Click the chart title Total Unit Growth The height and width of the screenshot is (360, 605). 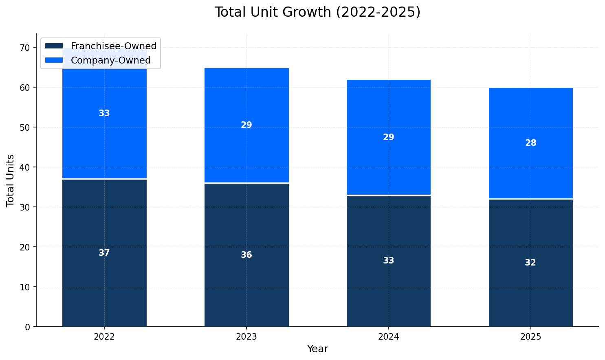pyautogui.click(x=317, y=12)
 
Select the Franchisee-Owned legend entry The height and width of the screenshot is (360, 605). pyautogui.click(x=113, y=46)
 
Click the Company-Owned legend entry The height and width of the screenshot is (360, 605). pyautogui.click(x=110, y=60)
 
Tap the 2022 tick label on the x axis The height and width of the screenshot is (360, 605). pyautogui.click(x=104, y=337)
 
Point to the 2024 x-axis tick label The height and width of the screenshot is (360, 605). pyautogui.click(x=389, y=337)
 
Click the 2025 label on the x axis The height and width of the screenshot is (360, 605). pyautogui.click(x=530, y=337)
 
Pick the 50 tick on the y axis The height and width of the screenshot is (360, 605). pyautogui.click(x=25, y=127)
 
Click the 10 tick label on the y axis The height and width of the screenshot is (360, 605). pyautogui.click(x=25, y=287)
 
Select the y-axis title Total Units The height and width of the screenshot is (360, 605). pyautogui.click(x=11, y=180)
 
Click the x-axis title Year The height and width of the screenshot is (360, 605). pyautogui.click(x=317, y=349)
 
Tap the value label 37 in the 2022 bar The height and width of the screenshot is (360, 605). pyautogui.click(x=104, y=253)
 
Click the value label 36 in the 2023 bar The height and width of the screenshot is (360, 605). pyautogui.click(x=246, y=255)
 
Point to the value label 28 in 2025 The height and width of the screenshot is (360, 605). pyautogui.click(x=530, y=143)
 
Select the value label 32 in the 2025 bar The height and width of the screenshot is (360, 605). pyautogui.click(x=530, y=263)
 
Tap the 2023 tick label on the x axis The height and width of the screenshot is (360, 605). pyautogui.click(x=246, y=337)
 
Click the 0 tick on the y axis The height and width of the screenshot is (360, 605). pyautogui.click(x=28, y=327)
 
